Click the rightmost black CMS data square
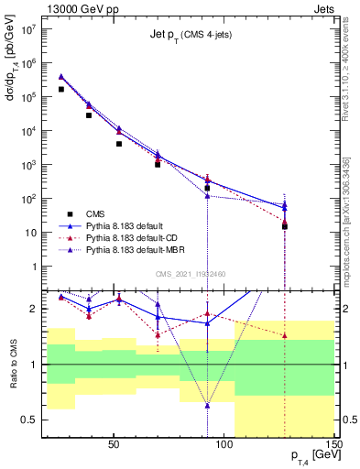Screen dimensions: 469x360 (285, 226)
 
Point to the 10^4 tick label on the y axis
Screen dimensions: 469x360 (27, 131)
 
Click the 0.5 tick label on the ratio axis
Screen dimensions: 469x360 (27, 420)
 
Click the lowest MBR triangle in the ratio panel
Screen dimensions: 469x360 (207, 405)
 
